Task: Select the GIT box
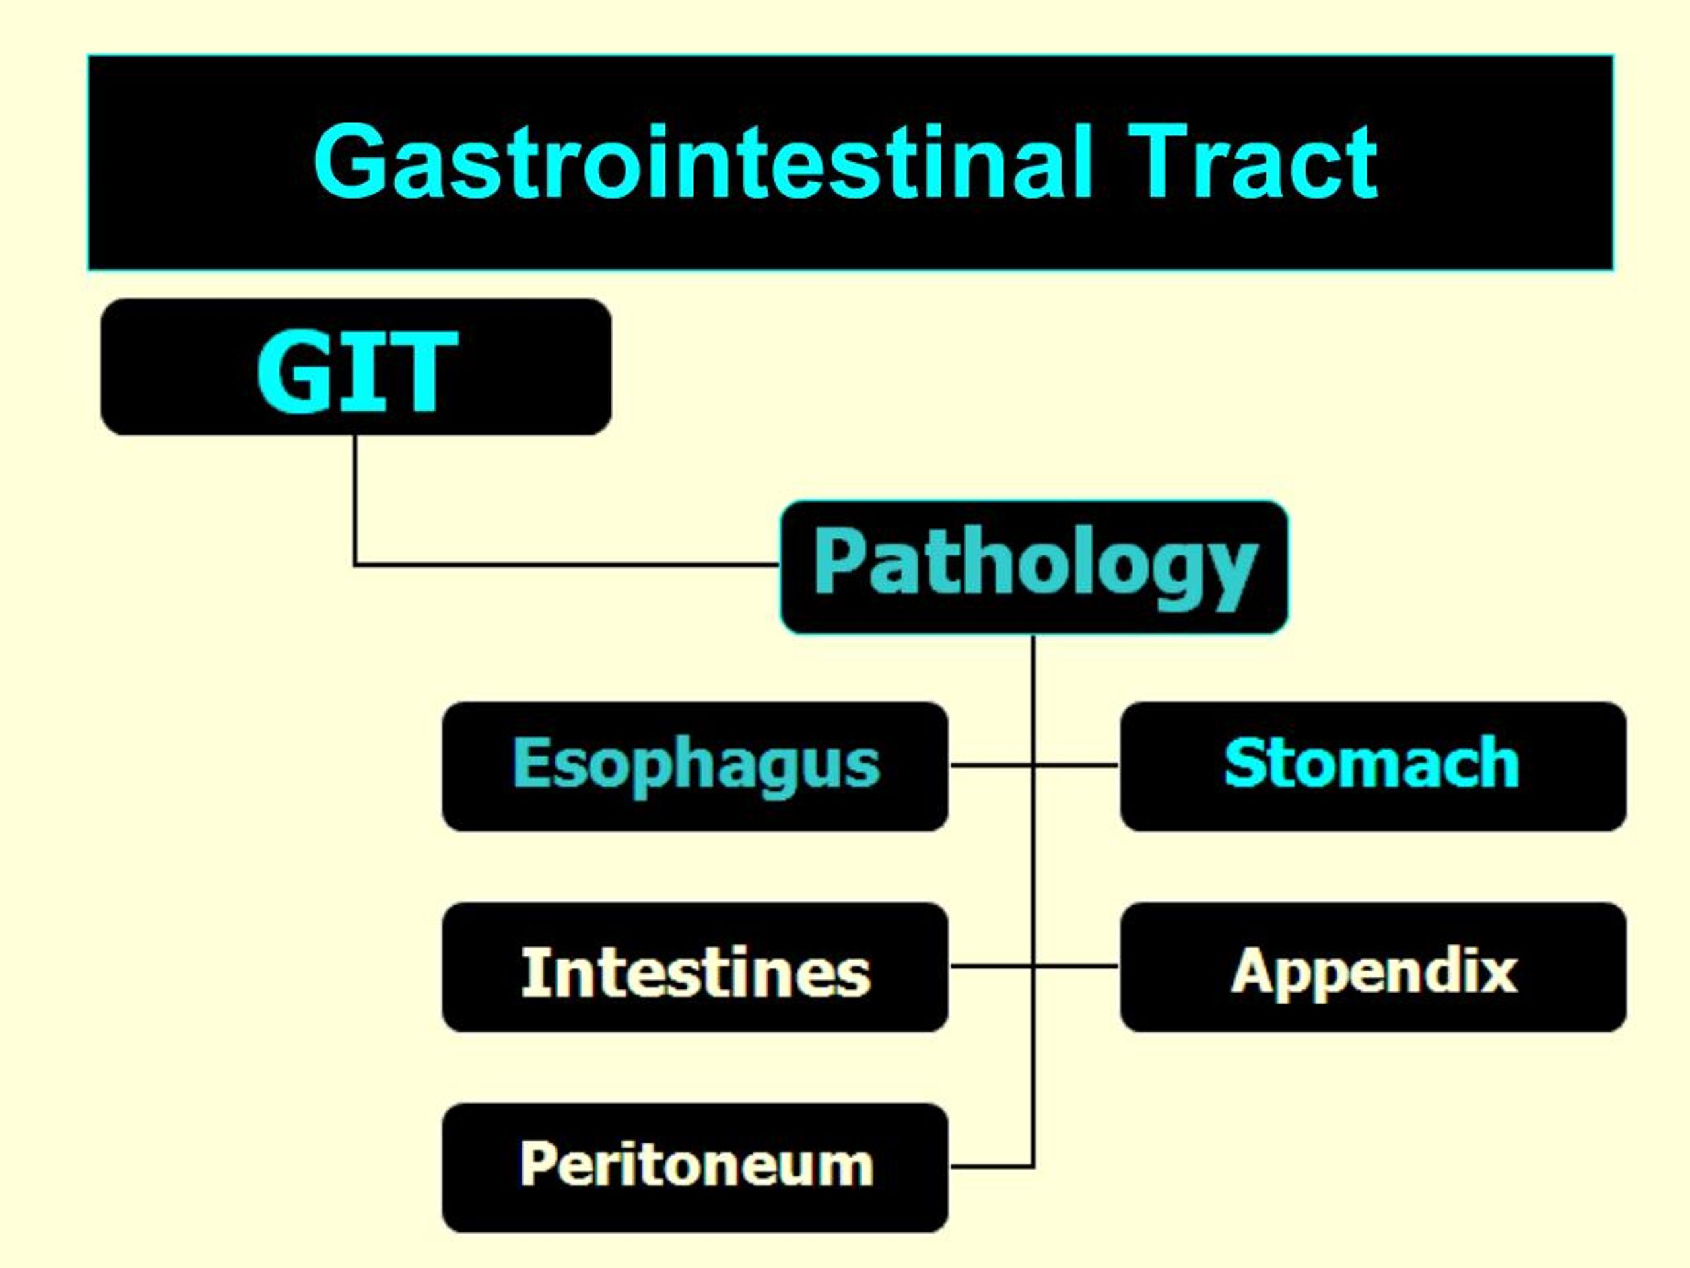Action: coord(356,368)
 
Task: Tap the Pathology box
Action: coord(1034,567)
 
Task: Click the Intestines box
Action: coord(695,967)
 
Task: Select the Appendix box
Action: coord(1373,967)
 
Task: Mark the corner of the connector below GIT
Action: coord(355,565)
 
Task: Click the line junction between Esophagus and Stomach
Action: coord(1034,764)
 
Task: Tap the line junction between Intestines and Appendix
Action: coord(1034,966)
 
